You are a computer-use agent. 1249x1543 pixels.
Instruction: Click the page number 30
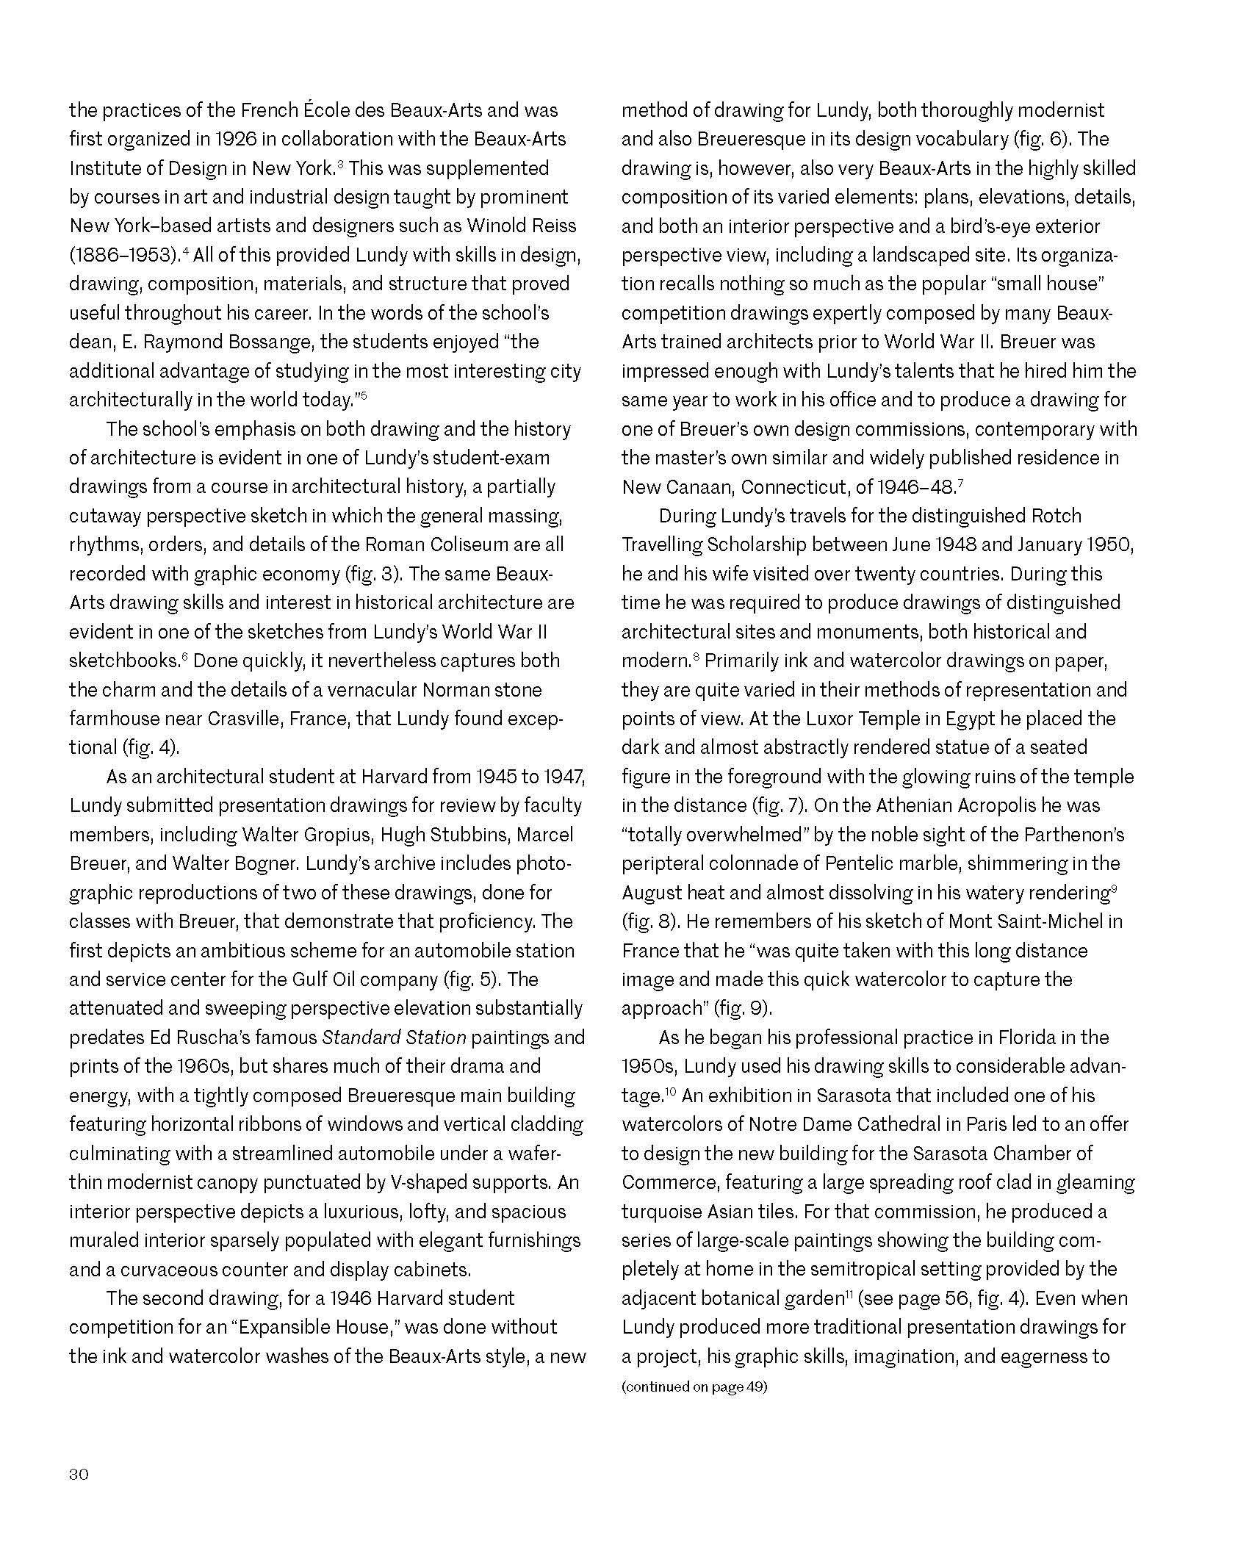pyautogui.click(x=79, y=1474)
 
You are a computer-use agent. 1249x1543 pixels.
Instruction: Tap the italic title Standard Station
pyautogui.click(x=394, y=1037)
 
